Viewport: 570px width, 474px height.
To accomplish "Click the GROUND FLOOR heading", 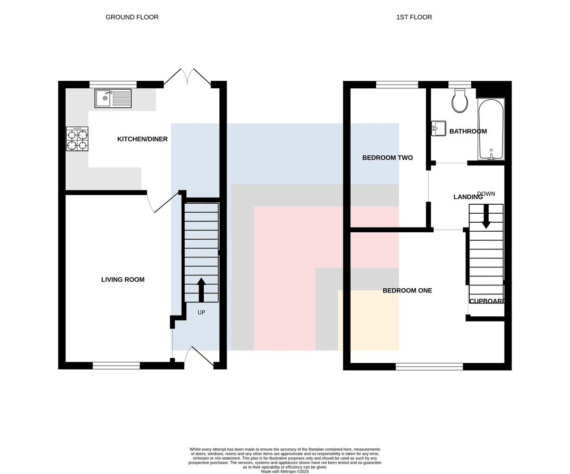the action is [x=132, y=17].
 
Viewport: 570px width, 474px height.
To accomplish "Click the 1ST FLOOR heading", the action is [x=414, y=17].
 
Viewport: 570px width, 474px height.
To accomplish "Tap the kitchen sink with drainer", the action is [x=113, y=98].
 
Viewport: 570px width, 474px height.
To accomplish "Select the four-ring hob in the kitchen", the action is [x=77, y=139].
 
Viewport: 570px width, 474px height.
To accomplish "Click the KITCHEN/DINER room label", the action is [x=142, y=139].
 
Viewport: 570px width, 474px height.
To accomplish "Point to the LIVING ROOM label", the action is [x=123, y=280].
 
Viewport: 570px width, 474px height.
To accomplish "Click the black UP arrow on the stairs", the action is [x=201, y=290].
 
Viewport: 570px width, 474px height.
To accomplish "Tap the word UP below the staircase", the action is [x=201, y=313].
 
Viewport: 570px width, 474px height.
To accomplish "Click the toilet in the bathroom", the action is [x=460, y=101].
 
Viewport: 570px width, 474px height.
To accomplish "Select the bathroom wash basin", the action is [x=438, y=128].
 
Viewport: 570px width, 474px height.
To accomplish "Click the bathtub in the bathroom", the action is [x=491, y=129].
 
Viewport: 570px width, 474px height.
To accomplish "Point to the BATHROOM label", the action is [x=468, y=132].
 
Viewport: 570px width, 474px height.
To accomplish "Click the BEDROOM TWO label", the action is [x=388, y=158].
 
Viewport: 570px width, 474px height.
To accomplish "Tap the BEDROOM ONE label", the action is [x=407, y=291].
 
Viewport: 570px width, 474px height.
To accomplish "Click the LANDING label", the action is [x=468, y=197].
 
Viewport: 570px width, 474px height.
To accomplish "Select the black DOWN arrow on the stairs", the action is [x=486, y=216].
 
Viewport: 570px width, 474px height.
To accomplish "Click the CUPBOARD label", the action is [x=487, y=301].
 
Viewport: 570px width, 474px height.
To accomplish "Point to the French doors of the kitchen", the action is [x=187, y=77].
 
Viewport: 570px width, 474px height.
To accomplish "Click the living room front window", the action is [x=116, y=366].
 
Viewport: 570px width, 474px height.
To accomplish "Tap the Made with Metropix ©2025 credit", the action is [x=285, y=472].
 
